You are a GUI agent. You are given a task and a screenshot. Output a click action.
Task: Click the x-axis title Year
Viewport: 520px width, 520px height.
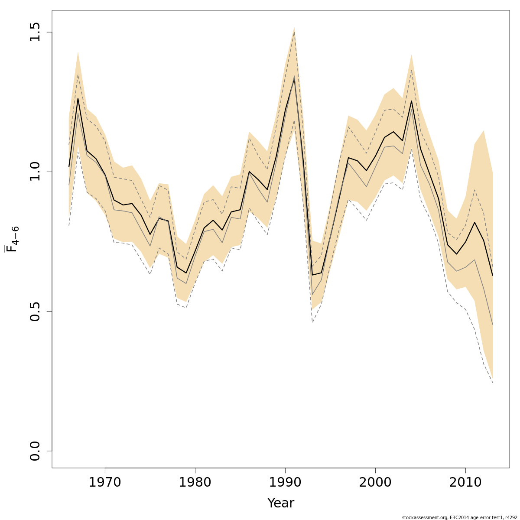[281, 503]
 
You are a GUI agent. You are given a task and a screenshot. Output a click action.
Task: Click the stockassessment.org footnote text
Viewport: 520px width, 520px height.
[459, 517]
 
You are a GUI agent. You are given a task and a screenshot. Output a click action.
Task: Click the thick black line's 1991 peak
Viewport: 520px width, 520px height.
[294, 77]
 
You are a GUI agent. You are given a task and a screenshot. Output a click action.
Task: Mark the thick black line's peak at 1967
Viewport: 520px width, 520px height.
[78, 98]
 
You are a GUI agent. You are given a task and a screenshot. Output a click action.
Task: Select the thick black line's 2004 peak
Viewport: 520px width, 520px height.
[411, 101]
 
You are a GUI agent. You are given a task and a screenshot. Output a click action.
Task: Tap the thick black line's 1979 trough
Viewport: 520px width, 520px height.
[186, 273]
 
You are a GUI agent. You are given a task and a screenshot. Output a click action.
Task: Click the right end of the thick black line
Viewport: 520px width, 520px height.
[493, 275]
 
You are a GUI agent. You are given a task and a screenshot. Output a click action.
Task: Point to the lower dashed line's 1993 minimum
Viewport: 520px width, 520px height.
[312, 322]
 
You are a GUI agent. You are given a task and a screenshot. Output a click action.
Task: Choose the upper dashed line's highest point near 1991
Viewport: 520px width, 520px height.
[294, 32]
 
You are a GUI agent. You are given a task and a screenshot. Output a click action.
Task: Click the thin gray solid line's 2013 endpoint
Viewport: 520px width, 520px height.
[493, 324]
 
